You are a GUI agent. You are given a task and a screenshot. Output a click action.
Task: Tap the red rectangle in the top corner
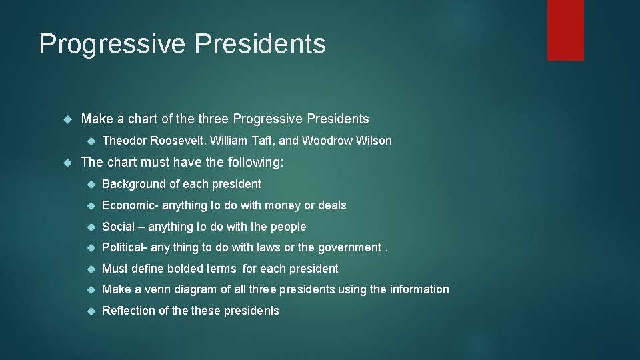[565, 30]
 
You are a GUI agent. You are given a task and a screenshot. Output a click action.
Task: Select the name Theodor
[125, 141]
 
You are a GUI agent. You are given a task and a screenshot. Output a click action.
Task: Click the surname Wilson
[374, 141]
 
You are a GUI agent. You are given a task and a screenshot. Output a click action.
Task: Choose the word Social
[118, 227]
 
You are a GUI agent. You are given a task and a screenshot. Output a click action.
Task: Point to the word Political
[125, 247]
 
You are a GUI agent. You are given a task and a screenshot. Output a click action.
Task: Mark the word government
[348, 247]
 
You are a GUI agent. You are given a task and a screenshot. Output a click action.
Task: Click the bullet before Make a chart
[67, 119]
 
